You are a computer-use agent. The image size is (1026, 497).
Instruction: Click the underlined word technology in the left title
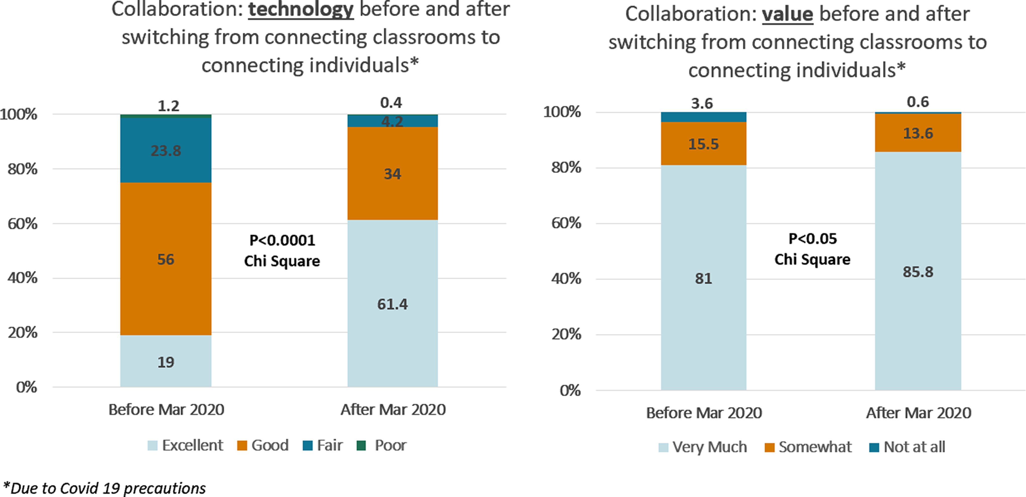point(301,10)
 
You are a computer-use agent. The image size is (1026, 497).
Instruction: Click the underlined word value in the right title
point(787,14)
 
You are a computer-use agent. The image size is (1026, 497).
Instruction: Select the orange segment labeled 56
point(166,259)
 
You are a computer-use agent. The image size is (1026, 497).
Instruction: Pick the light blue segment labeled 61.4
point(392,304)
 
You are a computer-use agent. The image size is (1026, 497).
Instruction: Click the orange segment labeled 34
point(392,174)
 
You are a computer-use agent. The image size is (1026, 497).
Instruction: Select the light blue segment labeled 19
point(166,362)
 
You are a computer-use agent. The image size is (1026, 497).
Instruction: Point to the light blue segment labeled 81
point(703,278)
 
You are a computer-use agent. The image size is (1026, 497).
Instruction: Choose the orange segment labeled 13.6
point(918,133)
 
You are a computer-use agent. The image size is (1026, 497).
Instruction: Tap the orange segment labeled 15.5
point(703,144)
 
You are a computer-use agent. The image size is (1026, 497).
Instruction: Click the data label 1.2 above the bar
point(168,106)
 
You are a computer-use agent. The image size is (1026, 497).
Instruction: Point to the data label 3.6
point(702,104)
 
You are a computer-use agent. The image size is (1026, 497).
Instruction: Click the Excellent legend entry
point(185,445)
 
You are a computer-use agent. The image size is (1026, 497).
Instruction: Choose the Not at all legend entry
point(907,447)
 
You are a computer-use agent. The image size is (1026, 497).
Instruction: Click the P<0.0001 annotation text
point(282,240)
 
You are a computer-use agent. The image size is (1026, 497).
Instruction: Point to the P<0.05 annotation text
point(813,239)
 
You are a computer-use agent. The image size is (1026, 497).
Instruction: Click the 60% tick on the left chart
point(23,224)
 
